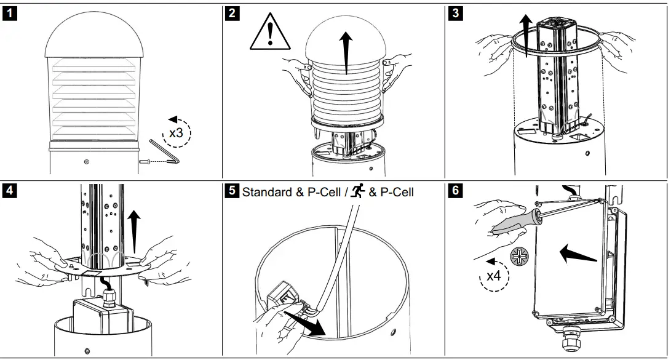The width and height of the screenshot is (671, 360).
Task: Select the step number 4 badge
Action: [x=10, y=191]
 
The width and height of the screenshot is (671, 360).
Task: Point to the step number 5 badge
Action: [x=232, y=191]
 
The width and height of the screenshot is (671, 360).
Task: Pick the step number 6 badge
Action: [x=455, y=191]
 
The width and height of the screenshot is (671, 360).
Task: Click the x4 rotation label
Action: [x=494, y=276]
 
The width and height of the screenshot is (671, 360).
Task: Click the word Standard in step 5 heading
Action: [x=267, y=192]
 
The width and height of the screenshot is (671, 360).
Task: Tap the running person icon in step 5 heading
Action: [x=357, y=191]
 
